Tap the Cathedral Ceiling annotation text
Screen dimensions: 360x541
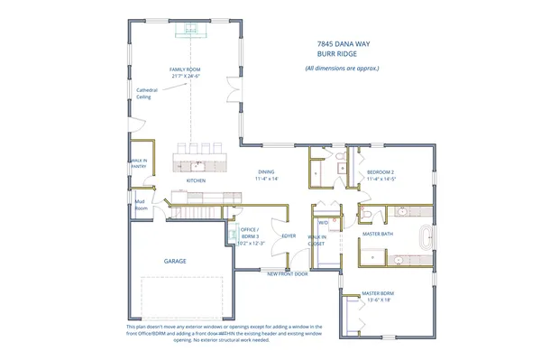(148, 94)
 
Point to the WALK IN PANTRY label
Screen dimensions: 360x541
(138, 163)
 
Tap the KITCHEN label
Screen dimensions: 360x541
(197, 180)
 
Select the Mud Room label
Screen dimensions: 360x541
(140, 204)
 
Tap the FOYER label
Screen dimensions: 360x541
(289, 235)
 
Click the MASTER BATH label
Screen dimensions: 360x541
(378, 234)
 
